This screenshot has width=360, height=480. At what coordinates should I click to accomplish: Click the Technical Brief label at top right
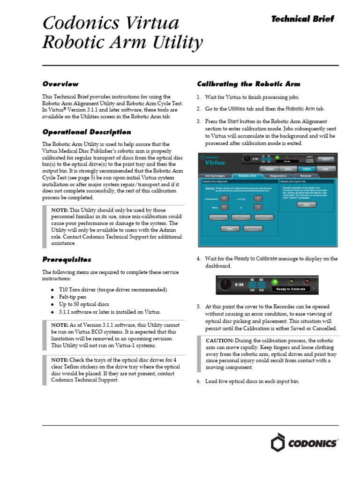[303, 19]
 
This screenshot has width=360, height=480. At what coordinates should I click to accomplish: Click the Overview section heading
[60, 84]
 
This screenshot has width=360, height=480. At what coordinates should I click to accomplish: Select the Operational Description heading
[87, 132]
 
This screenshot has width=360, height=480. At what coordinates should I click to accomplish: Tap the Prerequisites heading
[67, 259]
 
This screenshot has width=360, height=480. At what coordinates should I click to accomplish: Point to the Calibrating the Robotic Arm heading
[248, 84]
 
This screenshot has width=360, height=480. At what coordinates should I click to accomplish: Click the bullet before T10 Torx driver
[52, 290]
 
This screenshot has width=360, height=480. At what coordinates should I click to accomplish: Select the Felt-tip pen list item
[73, 297]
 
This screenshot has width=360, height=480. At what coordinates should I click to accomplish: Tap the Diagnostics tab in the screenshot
[265, 176]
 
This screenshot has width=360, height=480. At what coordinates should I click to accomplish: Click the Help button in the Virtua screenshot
[325, 168]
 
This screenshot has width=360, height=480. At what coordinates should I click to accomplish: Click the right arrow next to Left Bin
[258, 199]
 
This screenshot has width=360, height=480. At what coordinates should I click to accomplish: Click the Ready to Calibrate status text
[291, 289]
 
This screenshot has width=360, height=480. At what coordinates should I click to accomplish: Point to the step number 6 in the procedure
[199, 382]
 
